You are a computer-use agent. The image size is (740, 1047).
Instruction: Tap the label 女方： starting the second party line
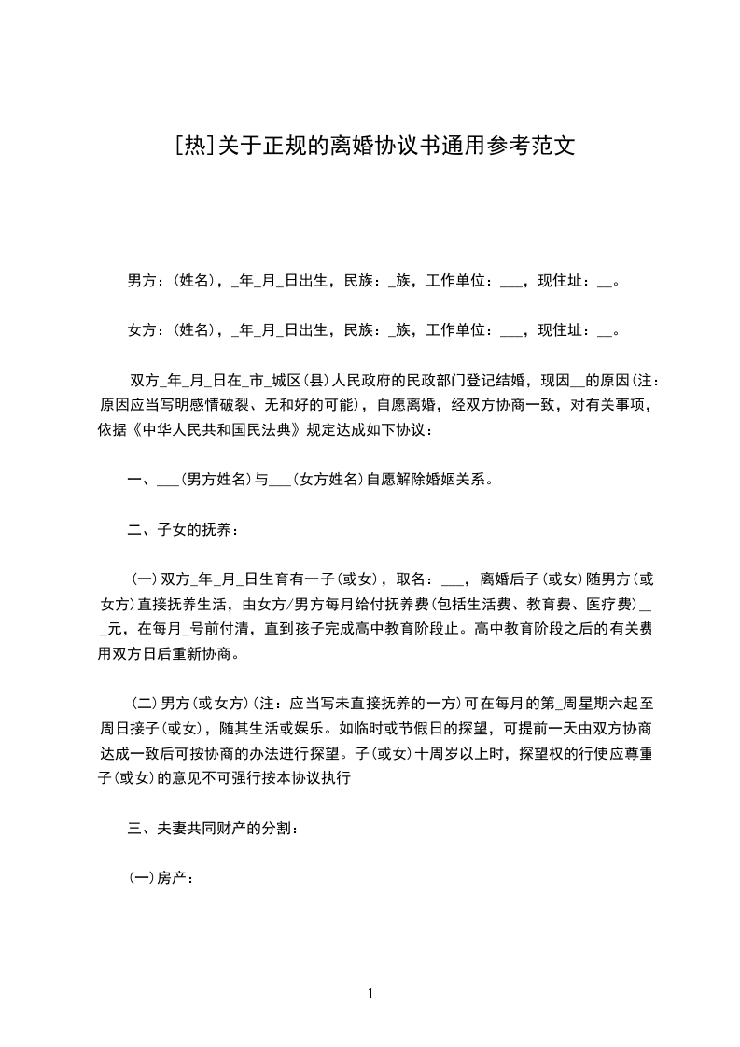(146, 329)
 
